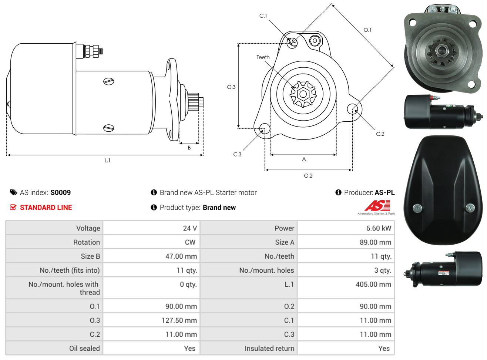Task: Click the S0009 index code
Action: pos(61,192)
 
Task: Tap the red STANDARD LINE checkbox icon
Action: pos(13,207)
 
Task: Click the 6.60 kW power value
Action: pos(379,228)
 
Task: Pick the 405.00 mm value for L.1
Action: pos(373,284)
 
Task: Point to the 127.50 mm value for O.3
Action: pos(179,320)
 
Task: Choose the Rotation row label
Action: pos(87,242)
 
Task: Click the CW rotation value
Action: pos(190,242)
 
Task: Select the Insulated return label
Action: pos(269,349)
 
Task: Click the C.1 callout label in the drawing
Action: pos(263,16)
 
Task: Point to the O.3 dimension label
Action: pos(231,87)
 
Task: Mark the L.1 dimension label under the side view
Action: pos(107,161)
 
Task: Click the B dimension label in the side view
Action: pos(189,148)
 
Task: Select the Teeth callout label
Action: pos(263,57)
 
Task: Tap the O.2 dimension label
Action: pos(308,176)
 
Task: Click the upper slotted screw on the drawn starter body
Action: pos(108,81)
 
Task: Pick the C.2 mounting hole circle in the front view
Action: pos(352,109)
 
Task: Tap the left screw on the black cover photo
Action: pos(417,208)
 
